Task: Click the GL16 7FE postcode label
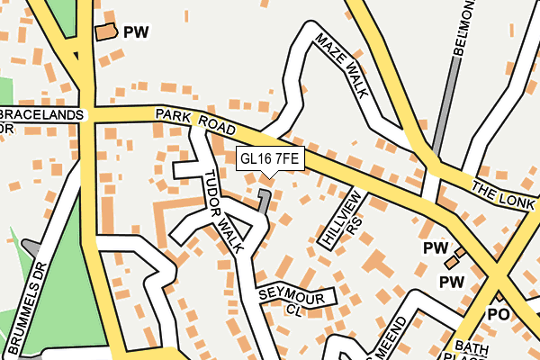[269, 159]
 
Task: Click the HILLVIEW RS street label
[343, 220]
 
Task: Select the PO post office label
[498, 314]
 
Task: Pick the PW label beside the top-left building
[136, 31]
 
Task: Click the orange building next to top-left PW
[106, 32]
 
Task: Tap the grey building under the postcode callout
[264, 199]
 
